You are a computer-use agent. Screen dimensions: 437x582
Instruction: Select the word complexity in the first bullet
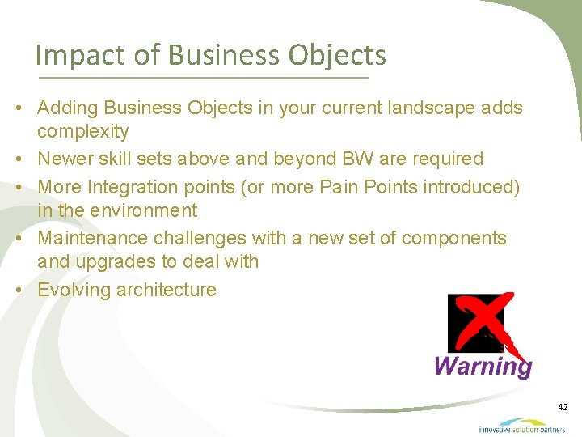click(x=83, y=131)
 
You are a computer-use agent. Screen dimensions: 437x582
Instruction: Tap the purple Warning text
click(x=483, y=366)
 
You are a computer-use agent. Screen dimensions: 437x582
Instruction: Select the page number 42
click(x=563, y=407)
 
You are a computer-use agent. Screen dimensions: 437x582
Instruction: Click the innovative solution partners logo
click(x=521, y=426)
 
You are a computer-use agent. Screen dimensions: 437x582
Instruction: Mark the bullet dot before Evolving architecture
click(x=27, y=290)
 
